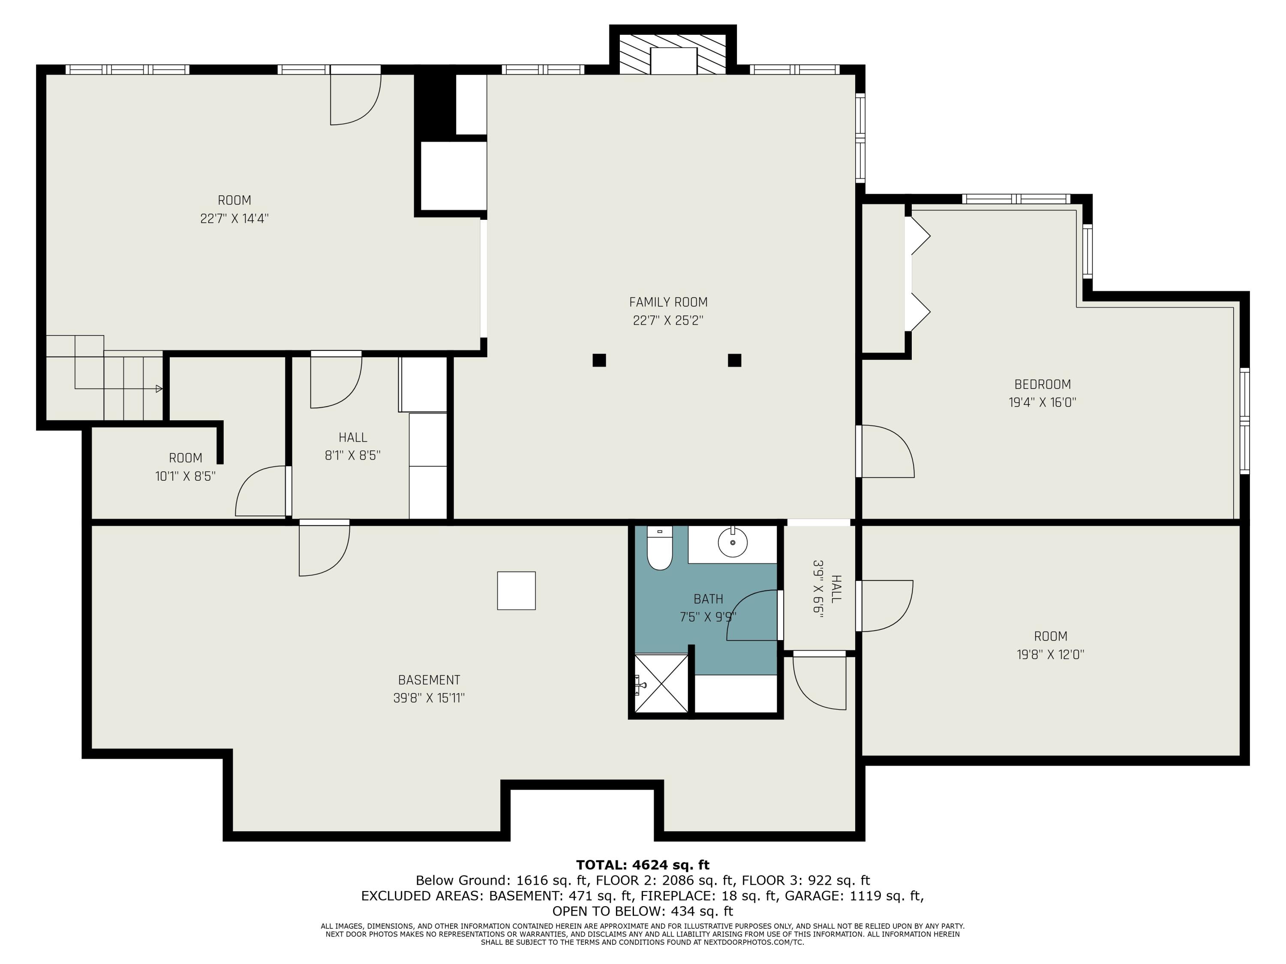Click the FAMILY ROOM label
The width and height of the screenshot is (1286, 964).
coord(668,302)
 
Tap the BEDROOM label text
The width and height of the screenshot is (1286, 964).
coord(1043,384)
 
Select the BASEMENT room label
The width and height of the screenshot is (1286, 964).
coord(429,680)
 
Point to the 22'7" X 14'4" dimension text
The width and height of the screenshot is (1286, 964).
coord(234,219)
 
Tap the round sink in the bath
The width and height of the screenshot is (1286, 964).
coord(733,542)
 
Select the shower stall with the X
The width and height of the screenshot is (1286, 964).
coord(661,683)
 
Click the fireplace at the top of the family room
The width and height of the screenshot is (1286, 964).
coord(673,54)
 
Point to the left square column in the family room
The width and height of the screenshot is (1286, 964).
coord(599,360)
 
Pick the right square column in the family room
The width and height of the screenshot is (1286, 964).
coord(734,360)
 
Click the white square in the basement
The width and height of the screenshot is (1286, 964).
coord(516,591)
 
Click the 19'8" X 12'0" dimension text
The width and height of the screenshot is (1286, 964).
coord(1051,654)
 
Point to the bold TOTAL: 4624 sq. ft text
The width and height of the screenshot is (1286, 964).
coord(643,865)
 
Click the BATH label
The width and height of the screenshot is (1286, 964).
coord(708,599)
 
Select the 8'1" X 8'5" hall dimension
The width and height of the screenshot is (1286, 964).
coord(353,455)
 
